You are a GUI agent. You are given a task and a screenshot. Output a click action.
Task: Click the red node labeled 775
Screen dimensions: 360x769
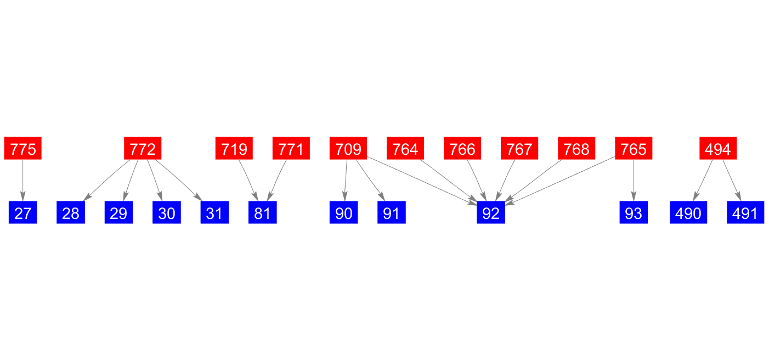[x=22, y=149]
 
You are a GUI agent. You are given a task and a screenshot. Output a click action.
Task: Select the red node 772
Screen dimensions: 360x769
[x=143, y=149]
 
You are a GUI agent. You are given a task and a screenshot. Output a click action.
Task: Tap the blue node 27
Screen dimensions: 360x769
[x=22, y=213]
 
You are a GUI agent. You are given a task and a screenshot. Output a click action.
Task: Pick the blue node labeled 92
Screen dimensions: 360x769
[x=490, y=213]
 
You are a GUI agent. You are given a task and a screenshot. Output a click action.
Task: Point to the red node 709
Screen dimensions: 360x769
[x=348, y=149]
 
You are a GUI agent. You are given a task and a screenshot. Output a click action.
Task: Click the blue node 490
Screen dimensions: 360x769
[x=688, y=213]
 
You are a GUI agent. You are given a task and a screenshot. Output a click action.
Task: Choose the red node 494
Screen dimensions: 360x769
[x=717, y=149]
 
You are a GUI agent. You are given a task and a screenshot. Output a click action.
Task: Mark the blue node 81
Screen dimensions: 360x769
[x=262, y=213]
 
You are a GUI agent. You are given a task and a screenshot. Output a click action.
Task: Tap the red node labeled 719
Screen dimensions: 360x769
[x=234, y=149]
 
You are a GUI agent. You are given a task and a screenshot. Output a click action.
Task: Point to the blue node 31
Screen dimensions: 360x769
[x=214, y=213]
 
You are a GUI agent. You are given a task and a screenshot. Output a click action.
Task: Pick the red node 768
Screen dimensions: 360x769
[x=576, y=149]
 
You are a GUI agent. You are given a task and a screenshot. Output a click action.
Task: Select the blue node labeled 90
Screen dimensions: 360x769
[x=343, y=213]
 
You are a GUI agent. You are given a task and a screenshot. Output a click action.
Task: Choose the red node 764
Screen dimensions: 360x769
[x=405, y=149]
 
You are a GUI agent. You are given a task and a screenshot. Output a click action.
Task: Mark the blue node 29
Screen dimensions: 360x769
[x=118, y=213]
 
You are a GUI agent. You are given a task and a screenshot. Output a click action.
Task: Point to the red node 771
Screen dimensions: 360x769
[x=291, y=149]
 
